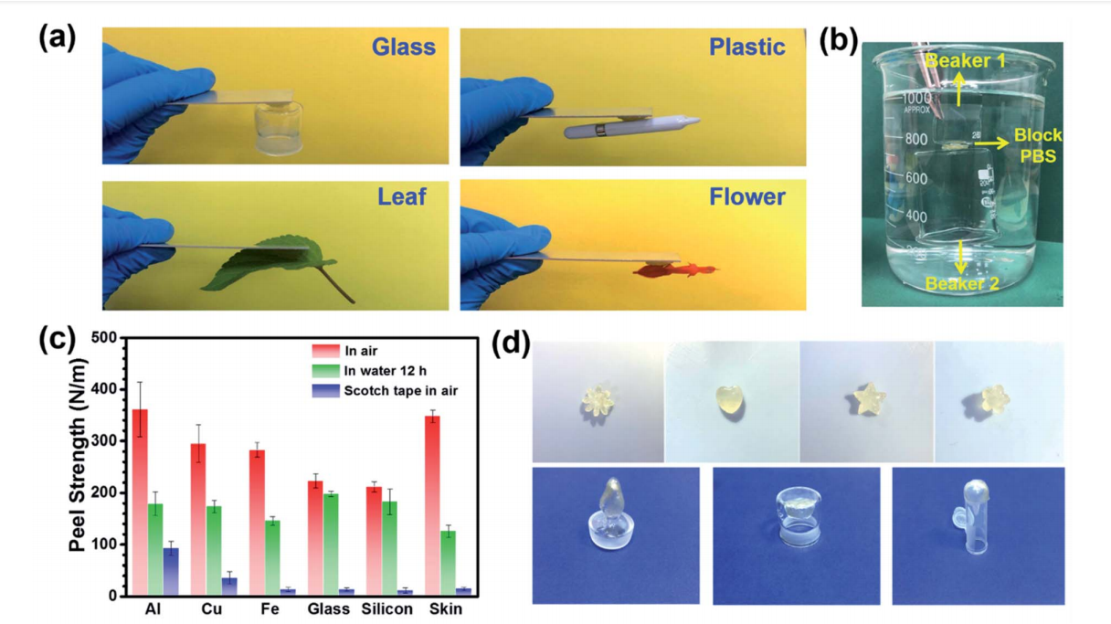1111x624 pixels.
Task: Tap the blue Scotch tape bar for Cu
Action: (x=229, y=587)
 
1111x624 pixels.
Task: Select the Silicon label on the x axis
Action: (x=386, y=609)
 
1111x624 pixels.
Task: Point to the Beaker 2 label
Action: (x=961, y=284)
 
